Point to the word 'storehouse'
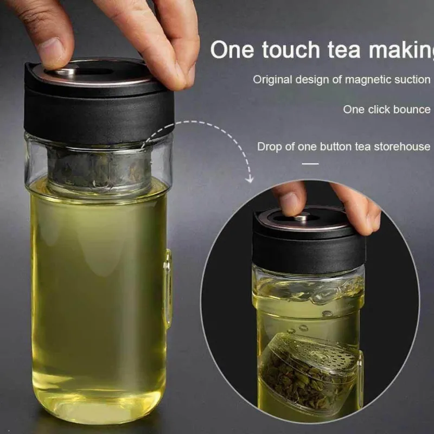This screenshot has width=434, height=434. (x=402, y=146)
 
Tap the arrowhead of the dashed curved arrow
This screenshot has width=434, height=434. (x=250, y=180)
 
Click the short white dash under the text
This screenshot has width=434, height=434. (x=310, y=164)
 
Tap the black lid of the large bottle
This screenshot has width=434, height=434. (x=98, y=103)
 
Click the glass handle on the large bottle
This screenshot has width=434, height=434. (x=168, y=286)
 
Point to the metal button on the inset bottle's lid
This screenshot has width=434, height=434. (x=302, y=219)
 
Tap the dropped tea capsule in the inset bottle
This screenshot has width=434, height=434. (x=310, y=372)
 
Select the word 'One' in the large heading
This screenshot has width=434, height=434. (x=232, y=50)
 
